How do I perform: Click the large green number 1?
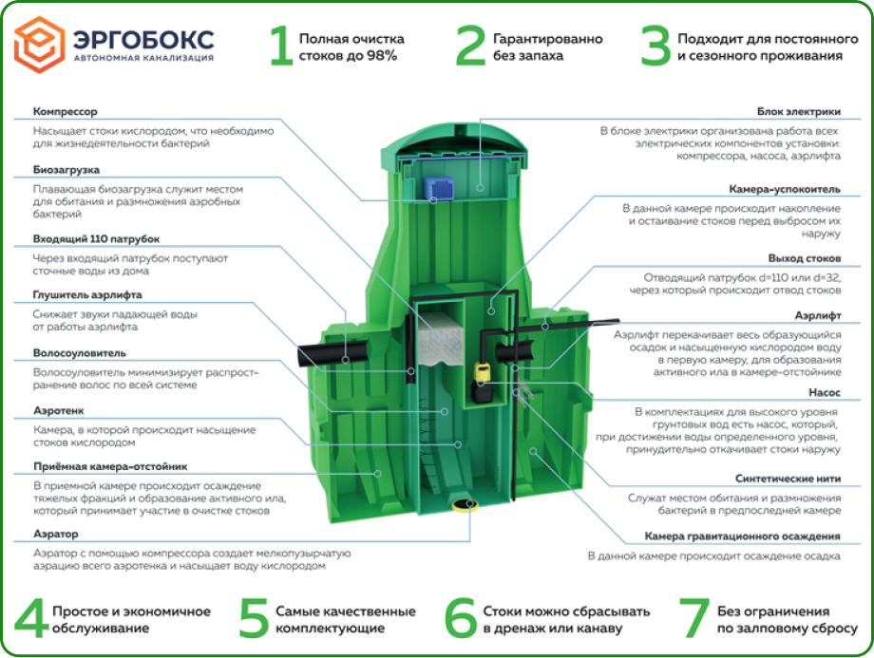(279, 47)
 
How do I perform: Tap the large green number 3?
(655, 47)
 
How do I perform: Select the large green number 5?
(253, 619)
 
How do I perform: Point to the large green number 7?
(694, 619)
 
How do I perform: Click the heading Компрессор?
(66, 111)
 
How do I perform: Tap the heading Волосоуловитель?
(79, 353)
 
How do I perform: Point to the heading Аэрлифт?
(817, 316)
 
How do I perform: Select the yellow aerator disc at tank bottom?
(465, 504)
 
